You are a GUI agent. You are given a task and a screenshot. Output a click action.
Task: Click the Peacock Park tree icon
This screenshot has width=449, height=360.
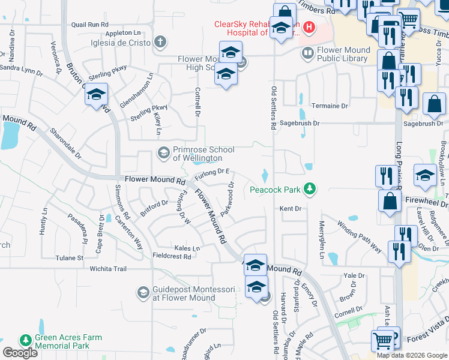pos(309,189)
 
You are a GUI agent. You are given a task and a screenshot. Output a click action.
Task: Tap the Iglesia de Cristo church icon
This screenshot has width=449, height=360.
pos(160,41)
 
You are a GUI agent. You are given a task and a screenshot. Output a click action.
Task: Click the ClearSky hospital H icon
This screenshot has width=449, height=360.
pos(309,26)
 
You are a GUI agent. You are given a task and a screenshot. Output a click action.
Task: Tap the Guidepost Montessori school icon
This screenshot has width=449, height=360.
pos(143,292)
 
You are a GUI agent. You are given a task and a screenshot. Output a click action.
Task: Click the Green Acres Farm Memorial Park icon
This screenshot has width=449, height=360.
pos(25,340)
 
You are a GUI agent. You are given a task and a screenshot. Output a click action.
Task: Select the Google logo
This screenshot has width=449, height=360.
pos(20,353)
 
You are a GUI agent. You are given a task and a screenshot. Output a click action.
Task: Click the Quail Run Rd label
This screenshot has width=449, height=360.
pos(89,25)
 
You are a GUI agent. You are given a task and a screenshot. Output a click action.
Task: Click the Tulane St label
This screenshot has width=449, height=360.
pos(70,258)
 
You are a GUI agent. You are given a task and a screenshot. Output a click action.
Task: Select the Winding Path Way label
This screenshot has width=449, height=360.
pos(359,236)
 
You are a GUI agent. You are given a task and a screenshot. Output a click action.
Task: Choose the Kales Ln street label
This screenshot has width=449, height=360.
pos(187,248)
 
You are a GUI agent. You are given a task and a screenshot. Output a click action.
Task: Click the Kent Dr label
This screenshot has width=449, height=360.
pos(290,208)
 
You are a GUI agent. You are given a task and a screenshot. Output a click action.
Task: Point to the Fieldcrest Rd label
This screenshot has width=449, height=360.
pos(172,256)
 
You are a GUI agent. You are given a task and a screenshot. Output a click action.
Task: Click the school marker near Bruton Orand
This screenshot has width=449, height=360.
pos(96,95)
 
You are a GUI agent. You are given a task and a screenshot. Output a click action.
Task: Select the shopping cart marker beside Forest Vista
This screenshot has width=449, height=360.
pos(382,341)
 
